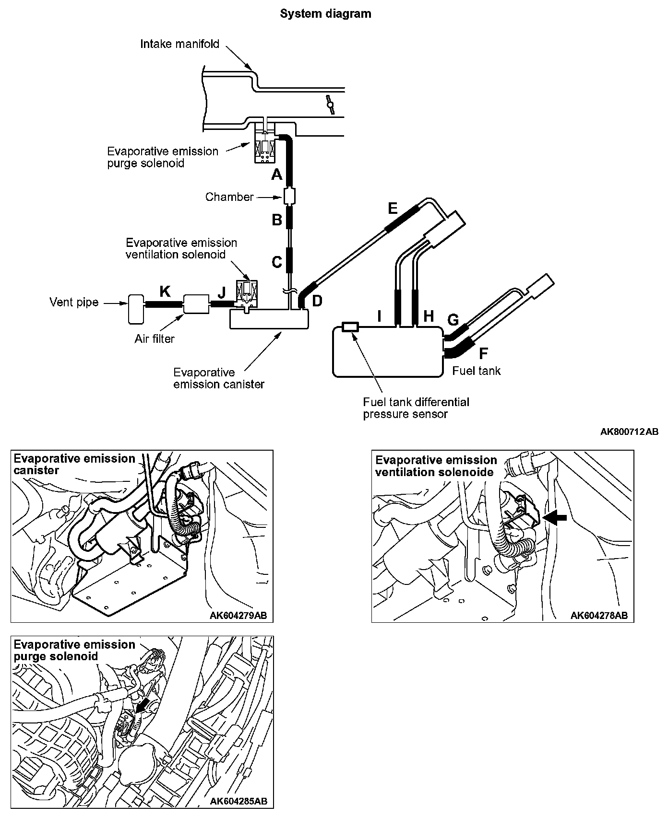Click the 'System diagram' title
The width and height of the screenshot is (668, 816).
coord(325,14)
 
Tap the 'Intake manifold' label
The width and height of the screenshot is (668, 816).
coord(179,44)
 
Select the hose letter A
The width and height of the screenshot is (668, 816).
coord(276,175)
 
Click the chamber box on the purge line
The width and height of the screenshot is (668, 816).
coord(289,196)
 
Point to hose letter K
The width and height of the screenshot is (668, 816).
coord(165,291)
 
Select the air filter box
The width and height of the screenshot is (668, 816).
coord(196,303)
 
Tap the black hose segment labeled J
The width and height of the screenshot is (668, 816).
coord(222,303)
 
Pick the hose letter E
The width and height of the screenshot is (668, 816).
coord(393,209)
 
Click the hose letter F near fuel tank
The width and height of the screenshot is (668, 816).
coord(484,353)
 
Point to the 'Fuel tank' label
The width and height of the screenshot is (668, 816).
coord(476,371)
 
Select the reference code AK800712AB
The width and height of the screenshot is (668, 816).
coord(629,432)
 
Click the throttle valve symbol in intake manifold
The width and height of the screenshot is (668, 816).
coord(330,104)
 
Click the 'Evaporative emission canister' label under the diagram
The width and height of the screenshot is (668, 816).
coord(219,378)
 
